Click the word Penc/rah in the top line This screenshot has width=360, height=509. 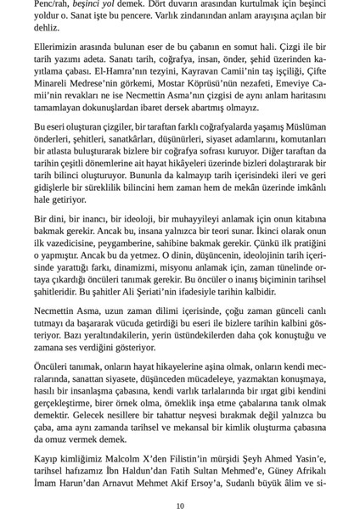(52, 5)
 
